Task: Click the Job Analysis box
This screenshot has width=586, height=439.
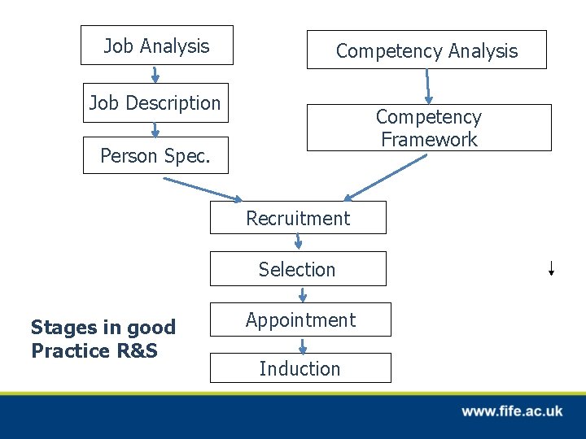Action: (x=156, y=46)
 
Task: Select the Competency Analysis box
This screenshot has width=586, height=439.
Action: (x=426, y=50)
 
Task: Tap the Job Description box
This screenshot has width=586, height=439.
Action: (x=155, y=103)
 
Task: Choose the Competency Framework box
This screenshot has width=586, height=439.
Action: (x=428, y=128)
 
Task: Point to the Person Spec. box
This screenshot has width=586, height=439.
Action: (x=155, y=154)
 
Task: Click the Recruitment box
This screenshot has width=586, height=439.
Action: (x=298, y=218)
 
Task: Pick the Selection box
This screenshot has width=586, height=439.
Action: (x=298, y=269)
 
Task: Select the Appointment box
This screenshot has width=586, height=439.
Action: (x=300, y=319)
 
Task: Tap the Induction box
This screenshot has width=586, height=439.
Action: (x=300, y=368)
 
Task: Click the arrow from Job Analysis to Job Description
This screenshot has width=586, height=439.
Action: (x=155, y=74)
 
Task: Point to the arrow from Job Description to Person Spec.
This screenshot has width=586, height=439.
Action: (x=155, y=129)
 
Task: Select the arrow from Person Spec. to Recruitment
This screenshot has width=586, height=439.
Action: (x=203, y=189)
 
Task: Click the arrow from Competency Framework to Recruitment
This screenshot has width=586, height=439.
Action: (x=384, y=177)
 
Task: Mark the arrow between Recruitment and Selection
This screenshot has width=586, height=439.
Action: (x=299, y=241)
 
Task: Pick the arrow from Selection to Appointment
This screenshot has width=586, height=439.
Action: (x=303, y=293)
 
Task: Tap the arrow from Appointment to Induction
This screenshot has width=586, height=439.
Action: (x=303, y=345)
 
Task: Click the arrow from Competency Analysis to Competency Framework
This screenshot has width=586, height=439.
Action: (x=427, y=86)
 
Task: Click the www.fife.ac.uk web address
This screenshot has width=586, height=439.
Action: (x=512, y=411)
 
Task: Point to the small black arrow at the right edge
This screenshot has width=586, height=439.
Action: (x=551, y=268)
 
